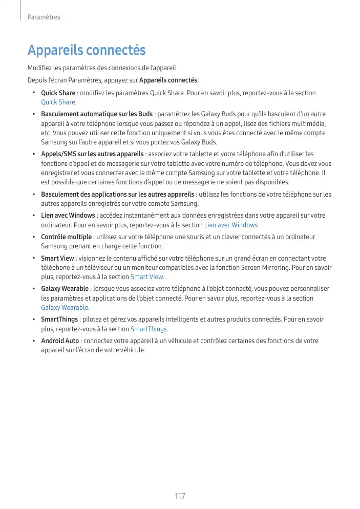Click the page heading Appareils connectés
(87, 51)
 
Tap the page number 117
(180, 496)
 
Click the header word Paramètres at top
(44, 17)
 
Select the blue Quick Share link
(58, 102)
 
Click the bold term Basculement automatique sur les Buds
(97, 114)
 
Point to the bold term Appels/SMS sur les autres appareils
(92, 154)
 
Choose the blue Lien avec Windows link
(231, 225)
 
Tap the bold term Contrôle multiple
(67, 237)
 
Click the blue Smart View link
(147, 277)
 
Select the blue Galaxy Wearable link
(65, 307)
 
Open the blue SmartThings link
(149, 329)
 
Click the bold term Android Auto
(60, 341)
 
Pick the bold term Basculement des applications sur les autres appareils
(117, 194)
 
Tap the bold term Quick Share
(58, 93)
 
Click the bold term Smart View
(57, 258)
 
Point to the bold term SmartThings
(59, 319)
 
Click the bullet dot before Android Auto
(33, 341)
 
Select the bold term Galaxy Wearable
(65, 288)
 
